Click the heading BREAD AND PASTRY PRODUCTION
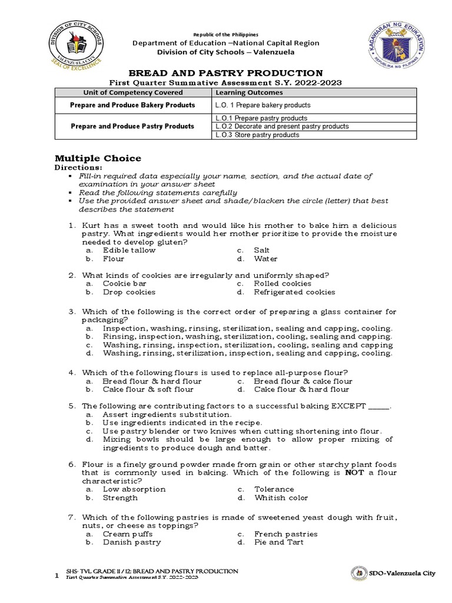(226, 72)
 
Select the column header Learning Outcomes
(249, 92)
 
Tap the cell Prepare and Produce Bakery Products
(132, 105)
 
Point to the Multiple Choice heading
(98, 158)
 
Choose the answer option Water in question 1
(265, 259)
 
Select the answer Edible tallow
(129, 250)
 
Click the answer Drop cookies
(129, 292)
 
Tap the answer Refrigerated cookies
(294, 292)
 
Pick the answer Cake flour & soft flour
(148, 389)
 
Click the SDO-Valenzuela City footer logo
(358, 574)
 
